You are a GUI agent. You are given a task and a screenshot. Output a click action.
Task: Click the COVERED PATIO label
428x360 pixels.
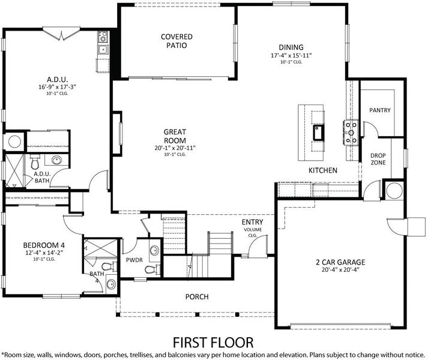(176, 41)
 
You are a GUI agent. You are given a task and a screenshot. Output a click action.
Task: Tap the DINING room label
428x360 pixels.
(291, 47)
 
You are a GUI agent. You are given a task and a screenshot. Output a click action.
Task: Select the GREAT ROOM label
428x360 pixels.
(175, 136)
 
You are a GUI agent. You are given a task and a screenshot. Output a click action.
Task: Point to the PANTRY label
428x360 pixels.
(380, 110)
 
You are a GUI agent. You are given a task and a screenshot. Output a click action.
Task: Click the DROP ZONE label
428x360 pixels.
(378, 159)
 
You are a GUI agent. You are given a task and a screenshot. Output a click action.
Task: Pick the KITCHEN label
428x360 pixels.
(323, 170)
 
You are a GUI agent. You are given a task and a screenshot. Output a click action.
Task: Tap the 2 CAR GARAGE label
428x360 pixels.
(340, 262)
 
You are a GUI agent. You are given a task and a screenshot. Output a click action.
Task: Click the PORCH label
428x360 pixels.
(197, 296)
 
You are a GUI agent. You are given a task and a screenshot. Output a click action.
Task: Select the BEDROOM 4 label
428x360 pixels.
(44, 245)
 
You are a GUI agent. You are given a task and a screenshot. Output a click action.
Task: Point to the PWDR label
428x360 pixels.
(134, 260)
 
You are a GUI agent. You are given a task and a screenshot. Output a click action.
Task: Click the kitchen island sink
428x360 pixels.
(318, 133)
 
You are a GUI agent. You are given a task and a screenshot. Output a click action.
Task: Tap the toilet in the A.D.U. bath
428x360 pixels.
(35, 162)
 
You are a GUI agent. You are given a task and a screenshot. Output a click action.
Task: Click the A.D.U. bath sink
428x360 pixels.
(56, 160)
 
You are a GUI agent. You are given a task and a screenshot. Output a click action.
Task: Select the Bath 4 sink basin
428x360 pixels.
(111, 284)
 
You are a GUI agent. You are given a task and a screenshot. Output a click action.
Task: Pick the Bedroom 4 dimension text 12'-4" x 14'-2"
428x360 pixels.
(44, 253)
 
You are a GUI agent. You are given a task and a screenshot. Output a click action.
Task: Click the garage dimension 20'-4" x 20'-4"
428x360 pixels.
(340, 270)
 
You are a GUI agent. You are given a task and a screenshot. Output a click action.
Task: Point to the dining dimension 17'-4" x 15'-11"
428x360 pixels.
(291, 55)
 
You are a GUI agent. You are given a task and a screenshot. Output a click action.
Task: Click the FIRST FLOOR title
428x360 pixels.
(213, 342)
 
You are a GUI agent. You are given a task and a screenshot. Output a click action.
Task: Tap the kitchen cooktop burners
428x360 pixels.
(351, 133)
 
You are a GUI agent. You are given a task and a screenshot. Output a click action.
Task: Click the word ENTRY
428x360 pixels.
(253, 222)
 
